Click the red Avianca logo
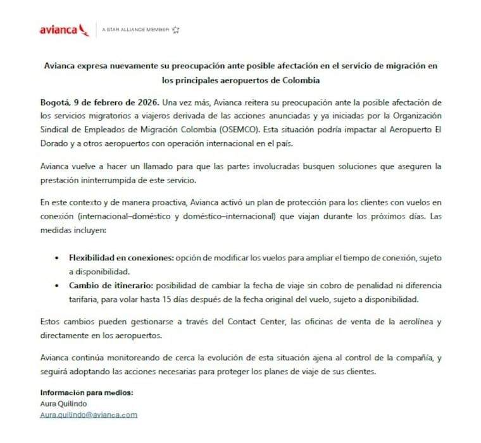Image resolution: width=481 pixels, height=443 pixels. click(63, 30)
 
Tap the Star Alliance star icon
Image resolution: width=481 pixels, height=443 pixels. click(176, 30)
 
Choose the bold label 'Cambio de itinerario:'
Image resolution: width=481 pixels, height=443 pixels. click(108, 286)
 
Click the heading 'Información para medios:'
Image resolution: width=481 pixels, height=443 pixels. click(87, 392)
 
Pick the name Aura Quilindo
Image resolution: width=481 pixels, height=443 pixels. click(63, 403)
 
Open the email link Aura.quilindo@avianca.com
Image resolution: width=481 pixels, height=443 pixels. click(89, 415)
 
